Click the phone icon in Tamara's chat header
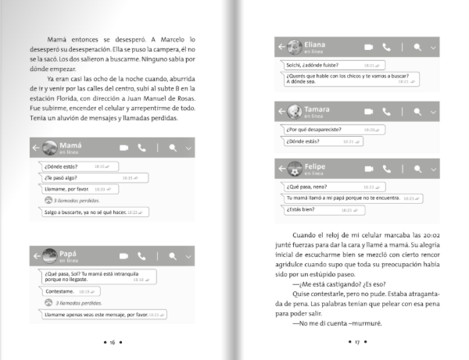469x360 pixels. [385, 112]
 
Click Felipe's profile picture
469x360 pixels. [294, 169]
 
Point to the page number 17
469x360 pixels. [356, 342]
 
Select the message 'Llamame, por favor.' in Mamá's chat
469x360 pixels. [74, 189]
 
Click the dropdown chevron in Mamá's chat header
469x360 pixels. [188, 148]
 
